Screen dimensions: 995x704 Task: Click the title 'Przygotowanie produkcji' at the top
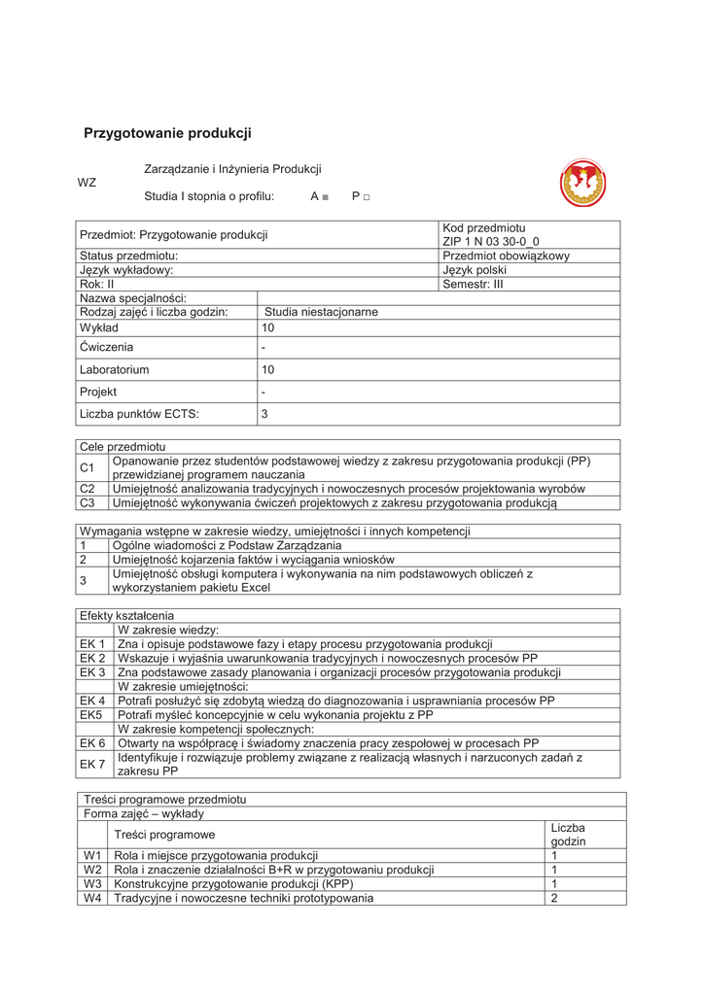coord(167,133)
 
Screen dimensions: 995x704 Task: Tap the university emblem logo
coord(582,183)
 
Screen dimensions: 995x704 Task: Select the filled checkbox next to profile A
coord(325,197)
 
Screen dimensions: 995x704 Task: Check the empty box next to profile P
coord(367,197)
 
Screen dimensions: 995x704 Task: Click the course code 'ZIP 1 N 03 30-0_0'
coord(490,241)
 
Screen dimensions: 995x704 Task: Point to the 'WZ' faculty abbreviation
coord(87,182)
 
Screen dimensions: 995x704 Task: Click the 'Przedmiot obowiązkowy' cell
coord(506,256)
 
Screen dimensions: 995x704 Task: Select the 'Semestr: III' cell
coord(474,285)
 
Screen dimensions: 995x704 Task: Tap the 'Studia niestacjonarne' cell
coord(321,312)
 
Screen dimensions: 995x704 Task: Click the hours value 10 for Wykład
coord(268,328)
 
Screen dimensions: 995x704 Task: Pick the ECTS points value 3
coord(264,414)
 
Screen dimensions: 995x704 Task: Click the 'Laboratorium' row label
coord(115,370)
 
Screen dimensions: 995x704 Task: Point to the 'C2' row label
coord(88,489)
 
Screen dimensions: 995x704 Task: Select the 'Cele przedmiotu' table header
coord(123,445)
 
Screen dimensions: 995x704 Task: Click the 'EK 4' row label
coord(92,700)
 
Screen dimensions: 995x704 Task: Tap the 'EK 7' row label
coord(92,764)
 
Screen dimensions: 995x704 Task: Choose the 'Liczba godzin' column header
coord(568,834)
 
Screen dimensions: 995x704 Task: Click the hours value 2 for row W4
coord(554,898)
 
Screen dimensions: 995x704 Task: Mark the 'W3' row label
coord(93,884)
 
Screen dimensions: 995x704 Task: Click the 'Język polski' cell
coord(475,270)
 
